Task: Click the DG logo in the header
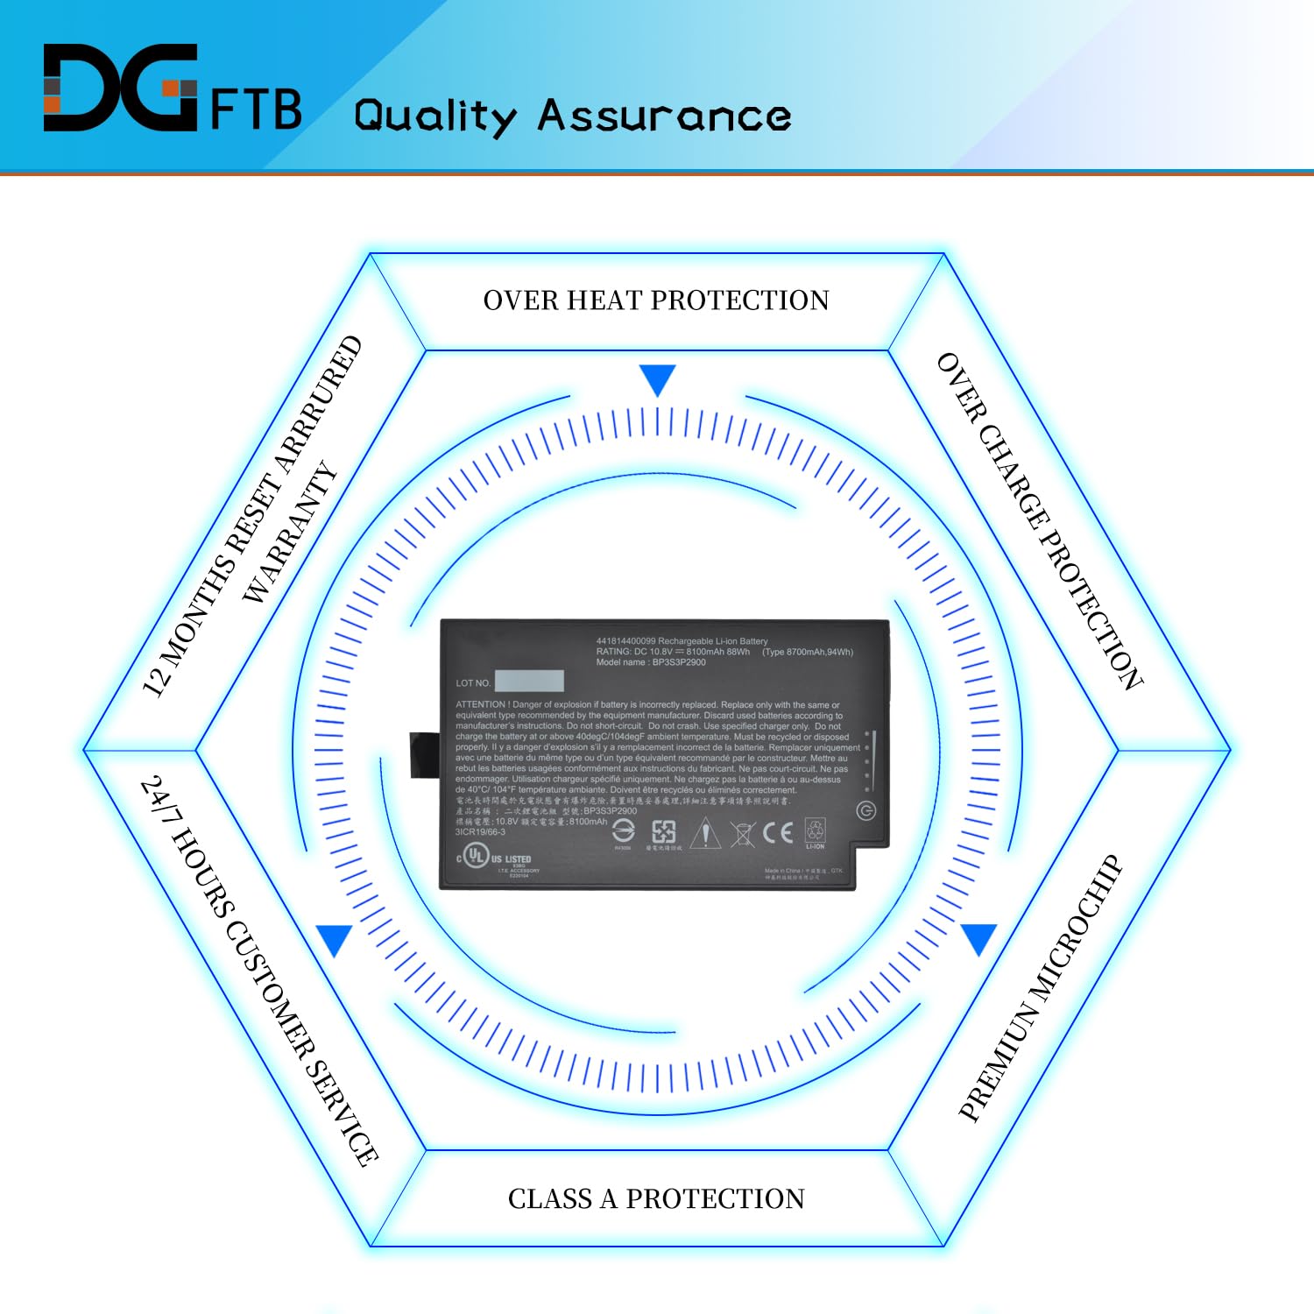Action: tap(120, 88)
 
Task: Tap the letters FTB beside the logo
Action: tap(256, 109)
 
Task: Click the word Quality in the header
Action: tap(435, 117)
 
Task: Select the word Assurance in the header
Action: tap(664, 116)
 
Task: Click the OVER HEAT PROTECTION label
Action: tap(656, 300)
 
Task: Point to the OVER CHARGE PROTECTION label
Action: tap(1040, 521)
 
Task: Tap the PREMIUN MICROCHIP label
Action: tap(1040, 988)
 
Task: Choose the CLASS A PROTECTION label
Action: tap(656, 1198)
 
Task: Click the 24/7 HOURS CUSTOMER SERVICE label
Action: tap(259, 970)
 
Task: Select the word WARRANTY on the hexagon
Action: tap(290, 532)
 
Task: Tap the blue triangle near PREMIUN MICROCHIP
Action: tap(978, 938)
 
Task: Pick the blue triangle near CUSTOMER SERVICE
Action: tap(335, 940)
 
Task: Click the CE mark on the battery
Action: tap(777, 832)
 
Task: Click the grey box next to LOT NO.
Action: tap(528, 682)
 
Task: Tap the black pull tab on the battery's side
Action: tap(424, 755)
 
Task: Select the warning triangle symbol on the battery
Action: tap(704, 833)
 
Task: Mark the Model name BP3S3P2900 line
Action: tap(651, 662)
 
